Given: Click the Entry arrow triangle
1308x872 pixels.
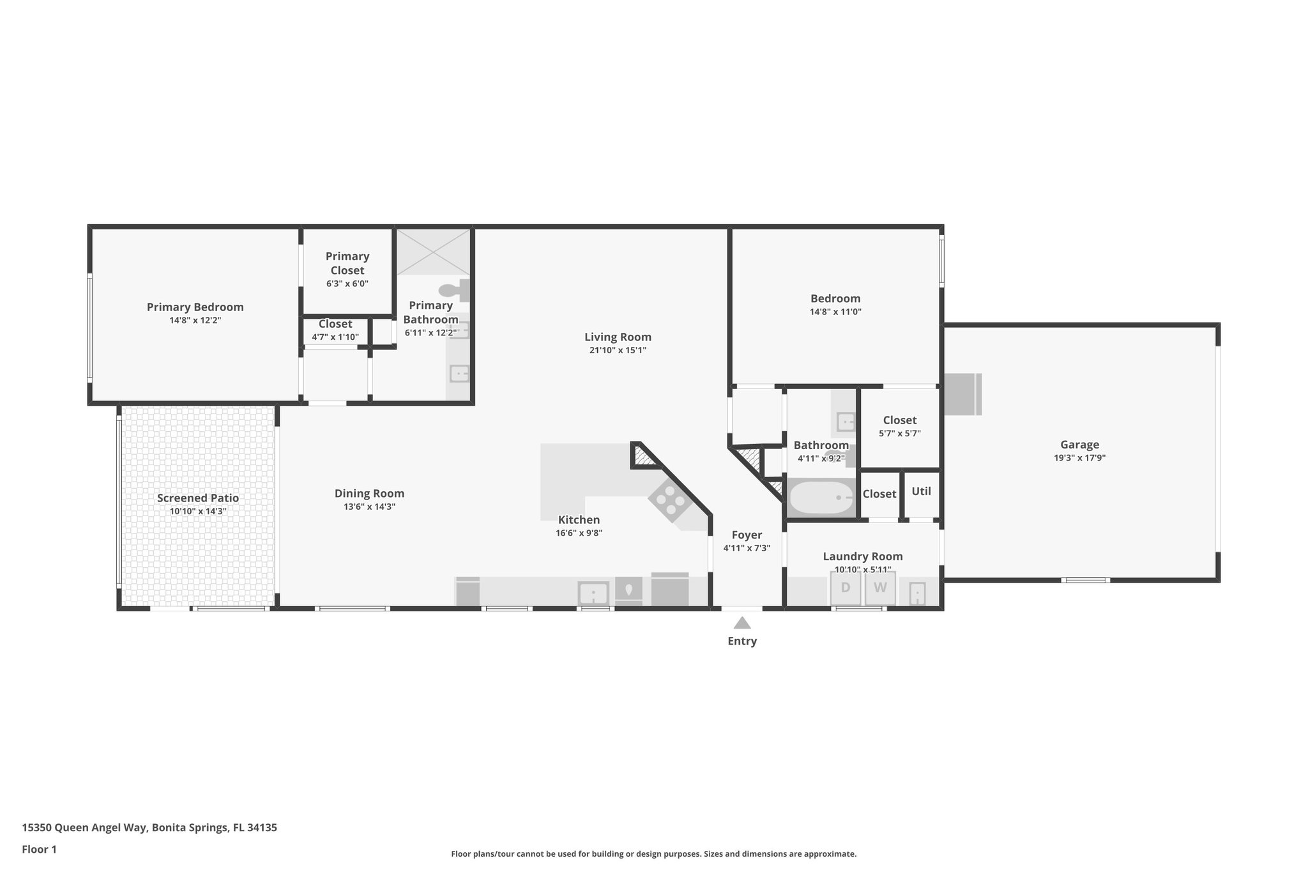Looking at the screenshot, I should [x=741, y=623].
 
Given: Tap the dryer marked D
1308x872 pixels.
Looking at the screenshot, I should [x=846, y=588].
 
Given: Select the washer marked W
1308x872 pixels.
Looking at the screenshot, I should [x=880, y=588].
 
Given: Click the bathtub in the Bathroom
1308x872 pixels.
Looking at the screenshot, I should [x=821, y=498].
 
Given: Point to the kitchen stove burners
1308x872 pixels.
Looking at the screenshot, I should [x=667, y=500].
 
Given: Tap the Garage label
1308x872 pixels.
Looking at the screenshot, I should [x=1079, y=445].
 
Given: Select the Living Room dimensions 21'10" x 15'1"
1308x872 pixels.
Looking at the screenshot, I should [x=618, y=350].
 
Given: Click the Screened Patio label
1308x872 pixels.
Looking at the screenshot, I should [x=198, y=498].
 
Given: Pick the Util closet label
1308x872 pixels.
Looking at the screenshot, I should [x=921, y=491].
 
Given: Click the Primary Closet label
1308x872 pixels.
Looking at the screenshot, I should [x=347, y=263].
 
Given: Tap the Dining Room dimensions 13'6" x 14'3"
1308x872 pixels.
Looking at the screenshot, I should [x=369, y=507].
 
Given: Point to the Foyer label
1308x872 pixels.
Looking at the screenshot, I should [x=747, y=535].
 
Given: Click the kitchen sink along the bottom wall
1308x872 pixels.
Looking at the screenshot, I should [x=593, y=593].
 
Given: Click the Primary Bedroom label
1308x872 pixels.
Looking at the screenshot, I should [x=195, y=307].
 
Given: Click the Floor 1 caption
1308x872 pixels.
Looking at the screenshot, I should [x=40, y=849].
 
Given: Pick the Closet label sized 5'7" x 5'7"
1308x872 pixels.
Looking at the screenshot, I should [x=899, y=420].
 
